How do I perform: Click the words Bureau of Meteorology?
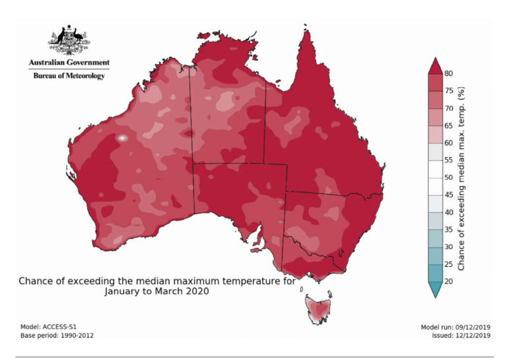tap(69, 76)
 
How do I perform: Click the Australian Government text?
tap(69, 63)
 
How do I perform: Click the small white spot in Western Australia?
tap(123, 138)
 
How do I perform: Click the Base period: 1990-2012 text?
tap(57, 336)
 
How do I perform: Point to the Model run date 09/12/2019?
tap(456, 327)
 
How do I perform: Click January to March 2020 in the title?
tap(157, 291)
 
